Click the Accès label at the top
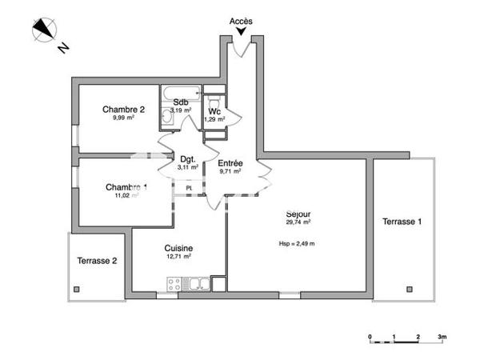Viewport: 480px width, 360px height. pyautogui.click(x=241, y=21)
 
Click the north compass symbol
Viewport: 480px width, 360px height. pyautogui.click(x=43, y=31)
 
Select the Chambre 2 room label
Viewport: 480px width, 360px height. pyautogui.click(x=123, y=109)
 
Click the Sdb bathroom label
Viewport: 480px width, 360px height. pyautogui.click(x=180, y=102)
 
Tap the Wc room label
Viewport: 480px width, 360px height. pyautogui.click(x=214, y=111)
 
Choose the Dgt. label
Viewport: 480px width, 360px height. pyautogui.click(x=188, y=159)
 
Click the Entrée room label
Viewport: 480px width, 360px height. pyautogui.click(x=230, y=162)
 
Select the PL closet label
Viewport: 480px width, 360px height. pyautogui.click(x=190, y=188)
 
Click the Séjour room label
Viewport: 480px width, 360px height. pyautogui.click(x=298, y=214)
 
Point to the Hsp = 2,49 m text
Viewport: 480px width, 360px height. pyautogui.click(x=297, y=243)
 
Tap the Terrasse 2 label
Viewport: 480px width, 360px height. pyautogui.click(x=97, y=261)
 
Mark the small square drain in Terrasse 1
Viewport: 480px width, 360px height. pyautogui.click(x=409, y=287)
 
